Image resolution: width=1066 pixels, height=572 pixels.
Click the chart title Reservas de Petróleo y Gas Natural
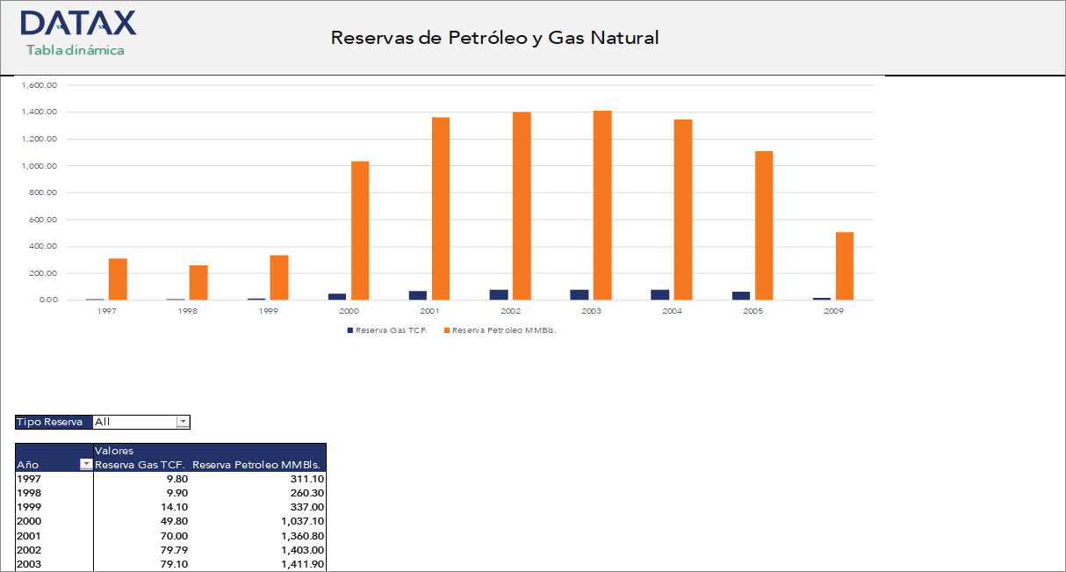click(494, 38)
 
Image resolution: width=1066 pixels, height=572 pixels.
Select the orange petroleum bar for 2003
click(602, 206)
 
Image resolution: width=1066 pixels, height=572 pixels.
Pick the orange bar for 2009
click(845, 266)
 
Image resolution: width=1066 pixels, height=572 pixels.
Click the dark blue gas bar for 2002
click(499, 294)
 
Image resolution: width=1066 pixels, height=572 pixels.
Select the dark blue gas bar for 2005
click(741, 295)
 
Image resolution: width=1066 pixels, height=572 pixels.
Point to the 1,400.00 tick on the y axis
click(40, 112)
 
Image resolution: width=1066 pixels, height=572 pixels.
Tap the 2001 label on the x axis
click(430, 312)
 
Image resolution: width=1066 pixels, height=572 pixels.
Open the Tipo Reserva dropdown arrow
click(183, 422)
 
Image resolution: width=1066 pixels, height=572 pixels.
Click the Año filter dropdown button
click(86, 465)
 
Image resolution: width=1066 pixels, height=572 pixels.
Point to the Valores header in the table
click(114, 451)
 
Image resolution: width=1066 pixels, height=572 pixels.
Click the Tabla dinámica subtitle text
click(76, 50)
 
